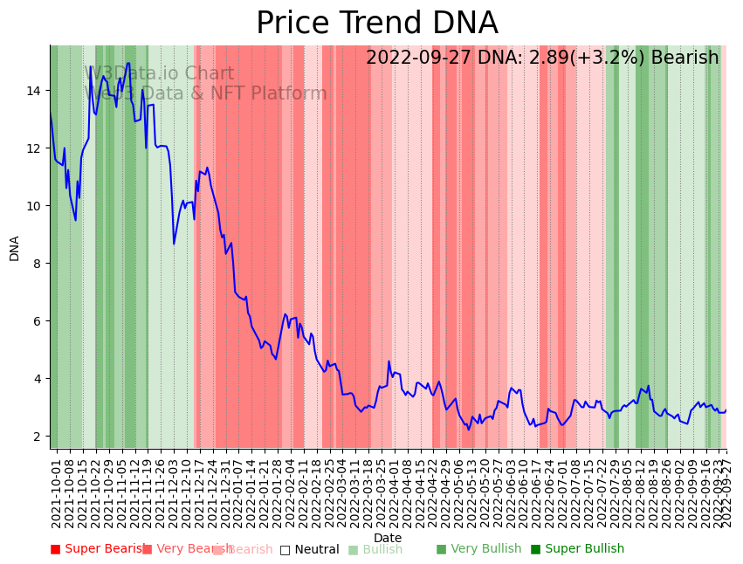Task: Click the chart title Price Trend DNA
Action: click(376, 24)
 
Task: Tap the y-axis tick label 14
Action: click(36, 91)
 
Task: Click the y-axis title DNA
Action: click(15, 248)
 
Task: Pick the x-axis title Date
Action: click(388, 539)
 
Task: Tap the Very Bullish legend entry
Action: click(478, 549)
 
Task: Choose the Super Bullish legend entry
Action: click(577, 549)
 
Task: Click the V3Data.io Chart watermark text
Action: click(159, 73)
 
